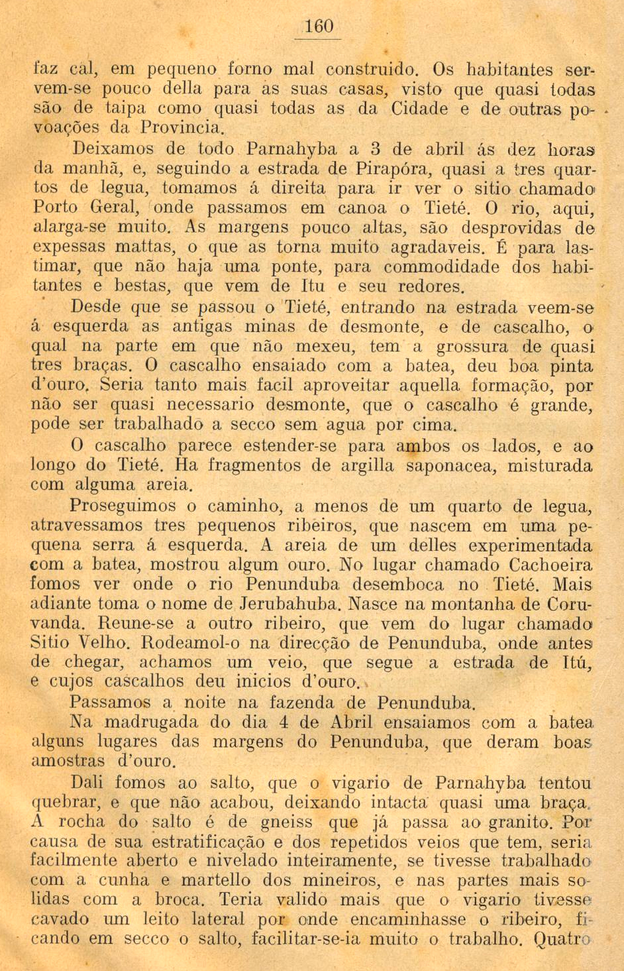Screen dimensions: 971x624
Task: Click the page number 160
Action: tap(319, 27)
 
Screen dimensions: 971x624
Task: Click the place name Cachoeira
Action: tap(551, 565)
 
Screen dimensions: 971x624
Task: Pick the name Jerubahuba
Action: tap(291, 604)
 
